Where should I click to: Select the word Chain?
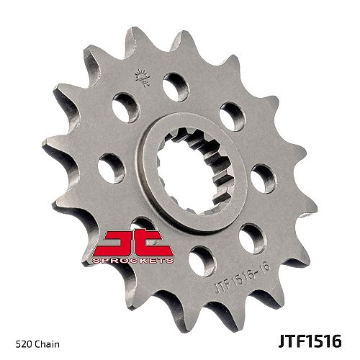pos(42,336)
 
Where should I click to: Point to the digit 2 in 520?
pos(19,336)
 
